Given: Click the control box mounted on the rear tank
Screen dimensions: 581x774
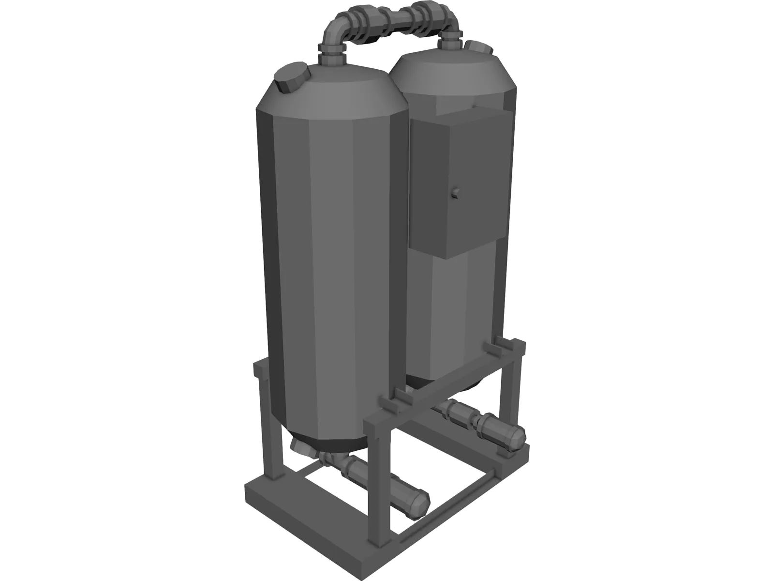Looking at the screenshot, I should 452,184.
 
